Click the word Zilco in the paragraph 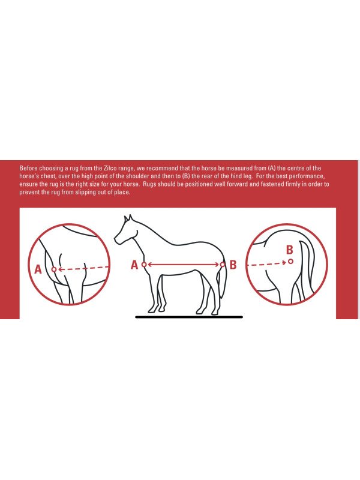click(x=110, y=168)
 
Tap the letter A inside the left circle click(x=38, y=269)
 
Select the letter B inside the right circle click(x=289, y=250)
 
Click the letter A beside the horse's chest click(x=134, y=265)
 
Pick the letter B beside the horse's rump click(x=233, y=265)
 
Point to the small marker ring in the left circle click(x=54, y=269)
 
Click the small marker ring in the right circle click(x=290, y=262)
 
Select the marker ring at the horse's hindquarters click(x=223, y=264)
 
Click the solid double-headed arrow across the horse click(x=184, y=264)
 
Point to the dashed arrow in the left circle click(x=83, y=269)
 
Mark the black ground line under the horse click(x=189, y=317)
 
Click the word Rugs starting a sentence click(x=149, y=185)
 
